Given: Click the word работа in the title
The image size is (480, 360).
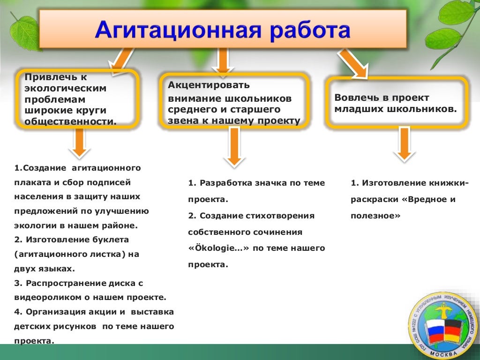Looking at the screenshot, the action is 312,31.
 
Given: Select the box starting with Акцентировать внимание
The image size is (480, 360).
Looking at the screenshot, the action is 234,103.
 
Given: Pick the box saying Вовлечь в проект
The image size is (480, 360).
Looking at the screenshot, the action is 397,103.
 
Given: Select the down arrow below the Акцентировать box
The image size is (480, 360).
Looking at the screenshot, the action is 234,146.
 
